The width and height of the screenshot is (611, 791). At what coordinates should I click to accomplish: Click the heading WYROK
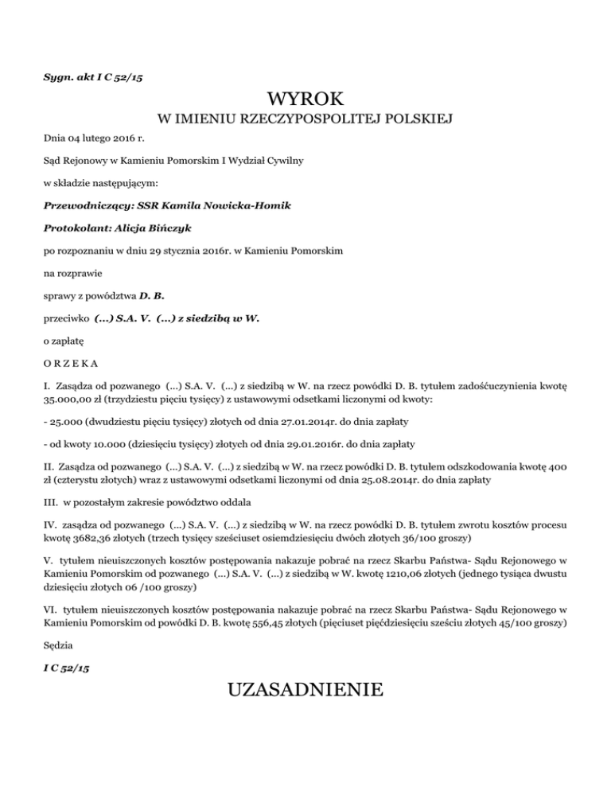click(x=305, y=99)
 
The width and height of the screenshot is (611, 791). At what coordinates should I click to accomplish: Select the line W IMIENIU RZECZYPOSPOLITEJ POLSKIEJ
click(x=305, y=120)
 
